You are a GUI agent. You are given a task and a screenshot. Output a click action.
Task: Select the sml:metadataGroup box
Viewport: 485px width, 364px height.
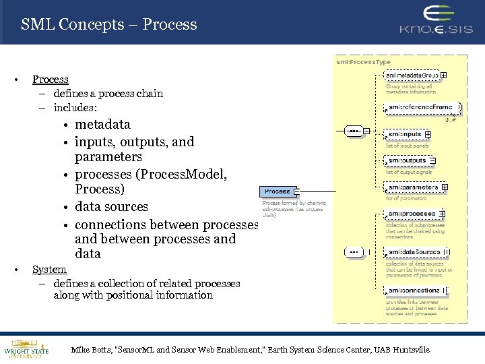412,75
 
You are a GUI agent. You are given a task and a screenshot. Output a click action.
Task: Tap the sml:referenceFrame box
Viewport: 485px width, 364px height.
420,107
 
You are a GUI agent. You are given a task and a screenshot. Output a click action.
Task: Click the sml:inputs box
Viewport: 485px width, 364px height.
405,134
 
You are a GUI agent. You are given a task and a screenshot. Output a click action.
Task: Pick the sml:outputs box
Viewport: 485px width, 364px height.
408,160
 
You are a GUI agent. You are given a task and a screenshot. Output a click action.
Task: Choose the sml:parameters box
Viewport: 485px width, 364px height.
413,187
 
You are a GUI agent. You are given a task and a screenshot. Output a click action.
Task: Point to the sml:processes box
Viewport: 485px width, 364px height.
412,214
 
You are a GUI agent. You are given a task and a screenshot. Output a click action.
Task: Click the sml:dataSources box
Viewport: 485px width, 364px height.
414,252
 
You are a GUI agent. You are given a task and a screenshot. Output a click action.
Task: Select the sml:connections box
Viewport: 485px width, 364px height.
414,291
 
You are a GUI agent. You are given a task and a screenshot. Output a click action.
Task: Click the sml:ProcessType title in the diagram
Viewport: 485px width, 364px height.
363,62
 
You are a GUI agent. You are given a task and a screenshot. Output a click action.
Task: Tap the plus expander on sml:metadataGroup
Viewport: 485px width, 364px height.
444,75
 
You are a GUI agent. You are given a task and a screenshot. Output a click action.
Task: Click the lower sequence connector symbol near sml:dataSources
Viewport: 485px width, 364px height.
354,252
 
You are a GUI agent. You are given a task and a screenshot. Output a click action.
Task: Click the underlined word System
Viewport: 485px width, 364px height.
49,270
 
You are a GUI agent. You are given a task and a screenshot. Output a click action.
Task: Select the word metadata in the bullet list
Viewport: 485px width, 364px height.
102,125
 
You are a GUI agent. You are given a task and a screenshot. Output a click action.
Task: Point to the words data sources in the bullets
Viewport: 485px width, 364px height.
111,207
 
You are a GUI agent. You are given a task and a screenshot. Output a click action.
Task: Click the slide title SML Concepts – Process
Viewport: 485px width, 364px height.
109,25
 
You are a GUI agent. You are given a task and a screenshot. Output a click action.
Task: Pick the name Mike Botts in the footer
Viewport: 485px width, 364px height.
92,349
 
